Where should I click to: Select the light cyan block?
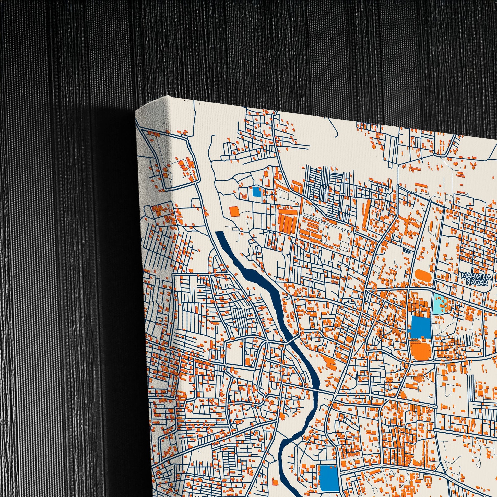click(x=439, y=304)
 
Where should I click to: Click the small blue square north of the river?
click(x=256, y=191)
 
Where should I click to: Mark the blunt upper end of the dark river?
click(x=219, y=232)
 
